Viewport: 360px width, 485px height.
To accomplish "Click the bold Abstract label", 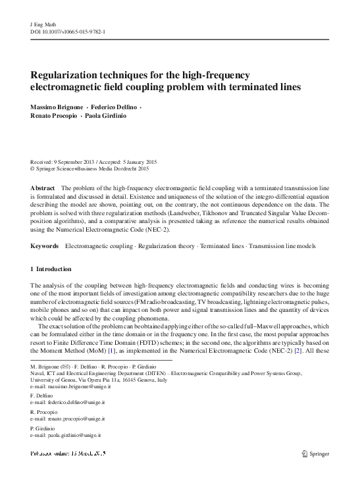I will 43,188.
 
